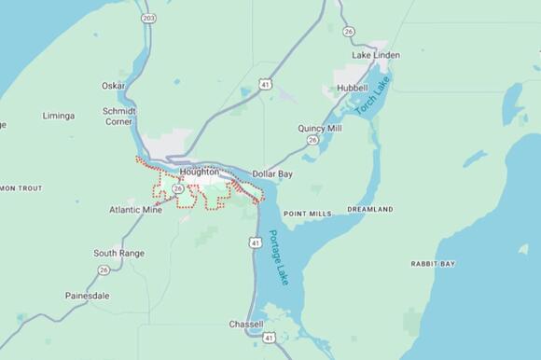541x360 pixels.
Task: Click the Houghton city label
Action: coord(200,173)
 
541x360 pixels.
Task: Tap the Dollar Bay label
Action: coord(273,174)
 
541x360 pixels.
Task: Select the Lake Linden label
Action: coord(376,55)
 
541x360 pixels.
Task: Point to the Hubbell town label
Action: coord(352,88)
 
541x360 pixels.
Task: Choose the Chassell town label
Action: coord(246,325)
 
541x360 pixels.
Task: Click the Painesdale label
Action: coord(87,296)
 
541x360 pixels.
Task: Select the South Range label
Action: coord(118,253)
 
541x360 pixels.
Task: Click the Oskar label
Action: coord(114,86)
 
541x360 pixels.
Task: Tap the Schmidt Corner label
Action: coord(118,116)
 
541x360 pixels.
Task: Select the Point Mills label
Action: coord(307,214)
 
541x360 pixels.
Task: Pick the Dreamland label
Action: coord(369,211)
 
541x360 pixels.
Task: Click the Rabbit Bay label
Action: coord(433,264)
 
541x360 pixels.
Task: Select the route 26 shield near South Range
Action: coord(104,270)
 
